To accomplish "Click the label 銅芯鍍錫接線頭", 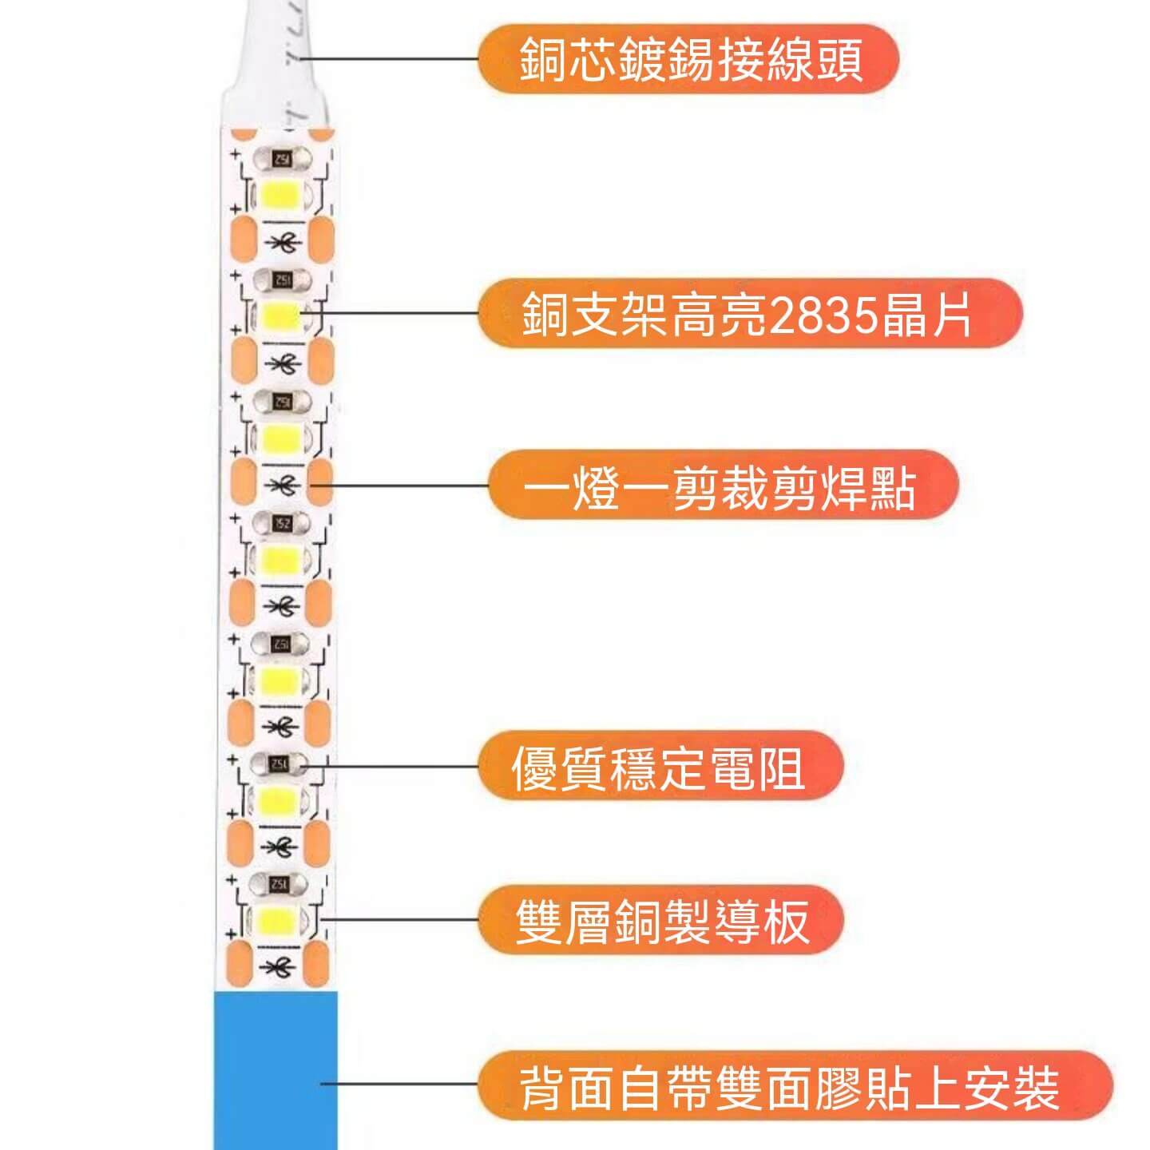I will click(689, 59).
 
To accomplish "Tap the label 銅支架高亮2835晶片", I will click(749, 314).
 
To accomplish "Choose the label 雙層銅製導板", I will click(662, 921).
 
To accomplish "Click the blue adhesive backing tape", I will click(276, 1070).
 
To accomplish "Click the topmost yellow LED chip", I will click(281, 194).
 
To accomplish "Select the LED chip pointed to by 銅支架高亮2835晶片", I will click(281, 316).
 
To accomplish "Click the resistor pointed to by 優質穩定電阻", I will click(280, 765).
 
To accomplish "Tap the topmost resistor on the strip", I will click(281, 159).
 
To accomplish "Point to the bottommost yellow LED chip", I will click(280, 920).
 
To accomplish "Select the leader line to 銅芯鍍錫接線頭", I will click(391, 58).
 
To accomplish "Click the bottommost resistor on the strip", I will click(280, 884).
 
